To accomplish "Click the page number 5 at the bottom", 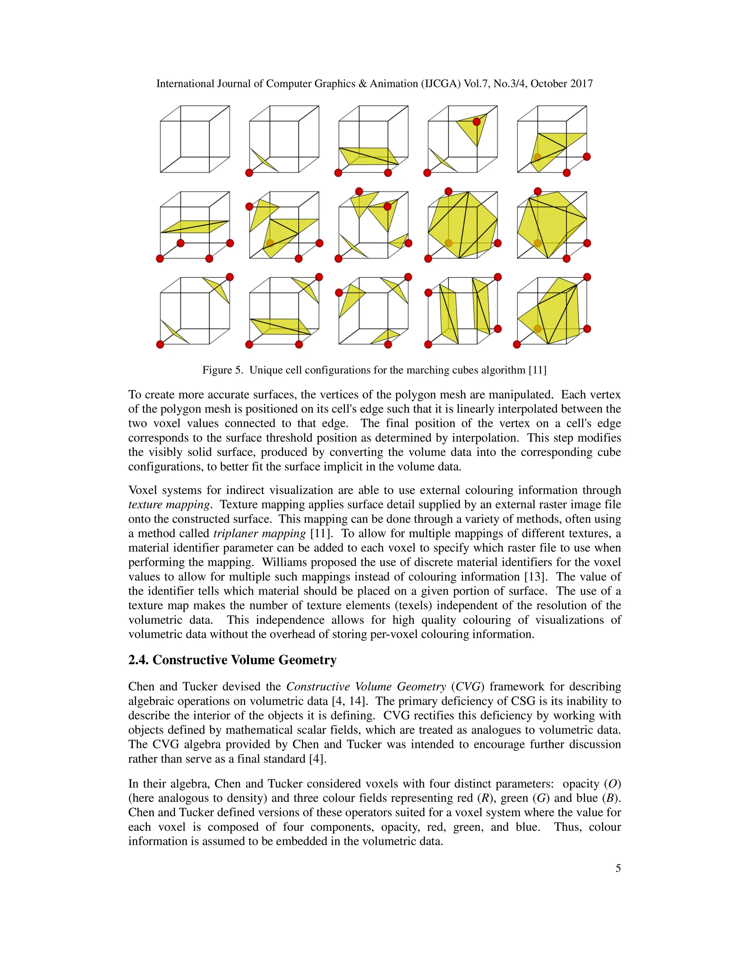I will click(x=618, y=868).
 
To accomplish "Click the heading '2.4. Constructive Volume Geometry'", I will click(x=232, y=660).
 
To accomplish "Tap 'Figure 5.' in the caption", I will click(x=222, y=370).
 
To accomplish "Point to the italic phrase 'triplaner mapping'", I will click(x=259, y=533).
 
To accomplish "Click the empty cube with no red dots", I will click(x=195, y=139).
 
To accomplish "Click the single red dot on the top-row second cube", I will click(x=249, y=173).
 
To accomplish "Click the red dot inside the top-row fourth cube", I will click(x=476, y=122).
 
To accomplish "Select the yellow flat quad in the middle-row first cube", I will click(x=195, y=226).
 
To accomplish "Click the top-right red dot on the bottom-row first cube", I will click(x=229, y=277).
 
